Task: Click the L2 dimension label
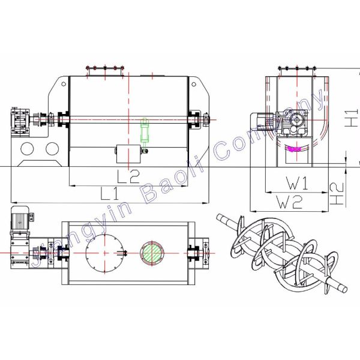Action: [128, 176]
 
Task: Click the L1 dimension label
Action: [110, 193]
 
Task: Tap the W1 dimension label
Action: [297, 183]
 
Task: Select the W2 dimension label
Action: [289, 202]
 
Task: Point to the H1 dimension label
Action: [352, 118]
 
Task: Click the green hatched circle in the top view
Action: [152, 253]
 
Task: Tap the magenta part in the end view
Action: [294, 149]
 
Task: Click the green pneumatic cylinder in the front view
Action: [145, 131]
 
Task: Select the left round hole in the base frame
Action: [27, 149]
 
